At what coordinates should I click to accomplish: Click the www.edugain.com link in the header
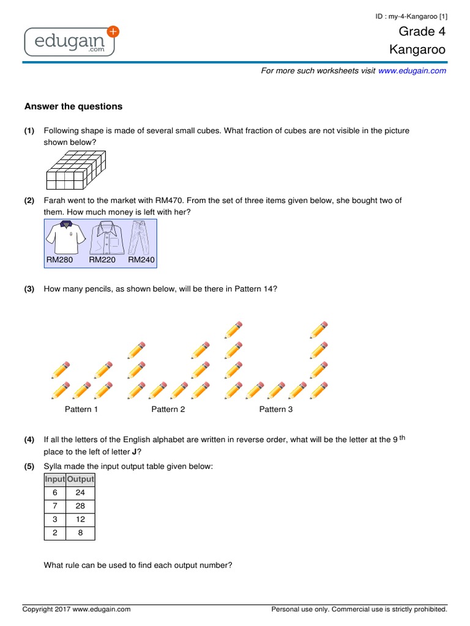[x=412, y=71]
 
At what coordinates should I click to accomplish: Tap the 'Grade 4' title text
[x=422, y=31]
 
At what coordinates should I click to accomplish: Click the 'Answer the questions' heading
[x=73, y=106]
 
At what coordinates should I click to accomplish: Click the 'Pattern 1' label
[x=81, y=409]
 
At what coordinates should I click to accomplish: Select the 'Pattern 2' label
[x=168, y=409]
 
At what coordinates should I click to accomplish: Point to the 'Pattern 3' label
[x=276, y=409]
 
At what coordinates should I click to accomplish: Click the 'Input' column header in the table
[x=55, y=479]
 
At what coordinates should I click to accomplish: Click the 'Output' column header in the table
[x=80, y=479]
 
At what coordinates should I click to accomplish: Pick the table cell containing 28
[x=80, y=506]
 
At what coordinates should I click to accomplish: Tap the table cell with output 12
[x=80, y=520]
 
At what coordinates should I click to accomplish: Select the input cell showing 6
[x=55, y=493]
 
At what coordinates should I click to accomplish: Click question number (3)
[x=29, y=289]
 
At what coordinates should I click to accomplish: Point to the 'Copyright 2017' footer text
[x=76, y=609]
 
